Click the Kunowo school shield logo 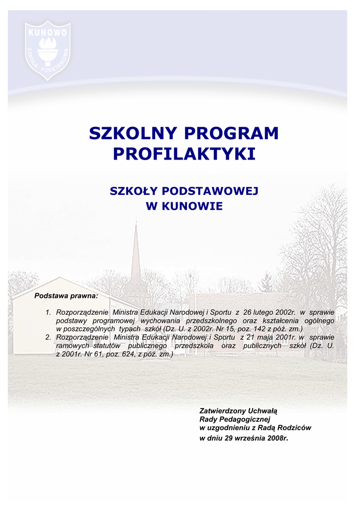(x=48, y=50)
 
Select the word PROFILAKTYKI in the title (x=184, y=154)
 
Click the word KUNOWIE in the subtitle (x=193, y=206)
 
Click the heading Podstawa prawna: (x=66, y=296)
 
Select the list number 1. (x=48, y=312)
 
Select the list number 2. (x=48, y=338)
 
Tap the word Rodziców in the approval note (x=296, y=428)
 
